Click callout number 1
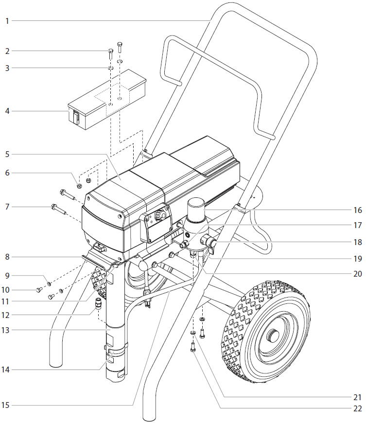pyautogui.click(x=7, y=21)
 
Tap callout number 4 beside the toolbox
pyautogui.click(x=7, y=111)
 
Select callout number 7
pyautogui.click(x=7, y=207)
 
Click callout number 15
pyautogui.click(x=7, y=405)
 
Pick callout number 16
pyautogui.click(x=358, y=211)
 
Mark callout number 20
pyautogui.click(x=358, y=274)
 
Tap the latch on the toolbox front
pyautogui.click(x=76, y=117)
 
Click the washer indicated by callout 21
pyautogui.click(x=193, y=333)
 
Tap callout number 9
pyautogui.click(x=7, y=275)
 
